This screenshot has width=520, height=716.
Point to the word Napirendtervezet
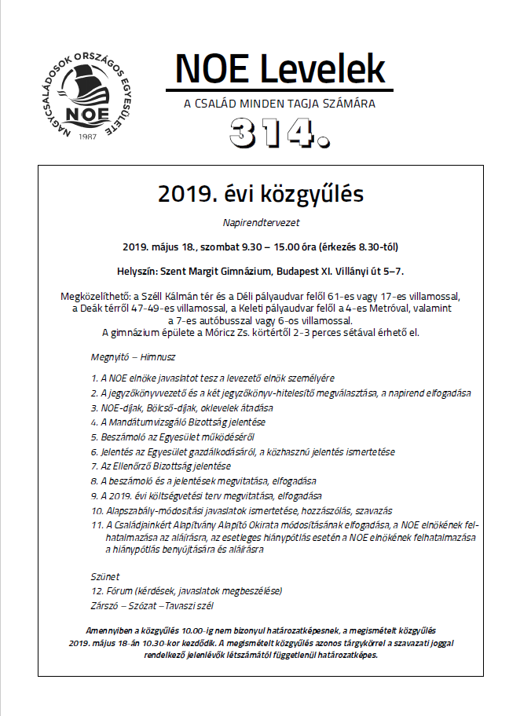[262, 222]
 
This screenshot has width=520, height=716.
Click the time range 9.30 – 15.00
[276, 247]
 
